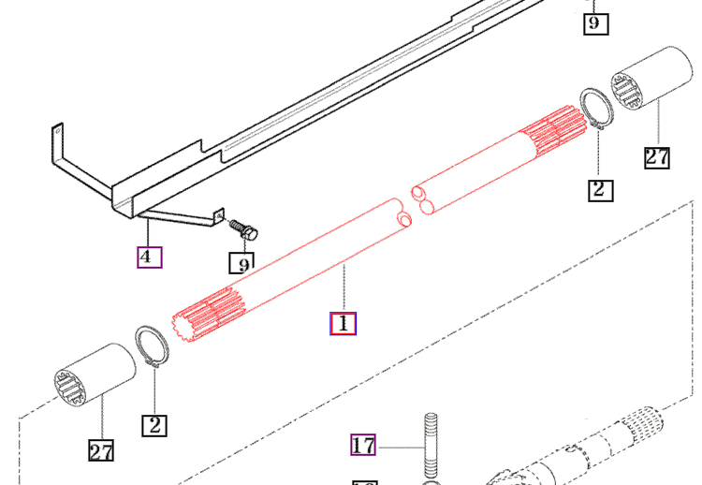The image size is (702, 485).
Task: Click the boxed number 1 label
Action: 343,324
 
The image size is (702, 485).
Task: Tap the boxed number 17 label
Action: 363,445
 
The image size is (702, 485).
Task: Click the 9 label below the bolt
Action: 242,264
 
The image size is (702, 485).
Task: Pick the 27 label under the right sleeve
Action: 657,155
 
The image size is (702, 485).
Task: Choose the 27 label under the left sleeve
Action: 101,450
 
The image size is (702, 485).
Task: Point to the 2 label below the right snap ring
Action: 600,190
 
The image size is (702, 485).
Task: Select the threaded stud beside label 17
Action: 433,445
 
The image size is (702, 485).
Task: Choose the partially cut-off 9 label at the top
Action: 595,21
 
